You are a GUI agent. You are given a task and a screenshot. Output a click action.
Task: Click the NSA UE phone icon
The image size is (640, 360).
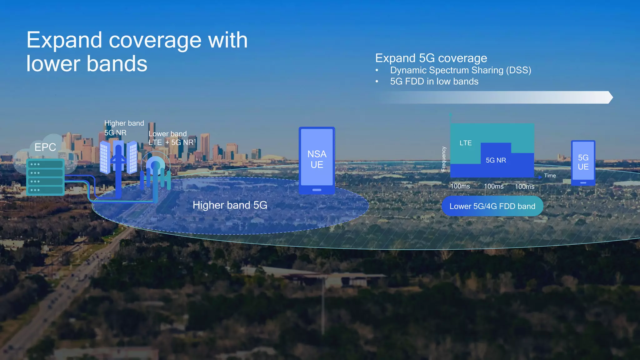(x=317, y=160)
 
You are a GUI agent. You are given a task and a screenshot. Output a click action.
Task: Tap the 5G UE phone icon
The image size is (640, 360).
(x=583, y=162)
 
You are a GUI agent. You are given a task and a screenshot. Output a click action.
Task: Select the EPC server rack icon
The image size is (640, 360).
(x=45, y=177)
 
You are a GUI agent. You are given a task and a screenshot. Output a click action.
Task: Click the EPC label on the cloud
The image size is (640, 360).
(x=45, y=147)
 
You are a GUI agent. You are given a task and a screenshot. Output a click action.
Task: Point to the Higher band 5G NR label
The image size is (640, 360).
(x=124, y=128)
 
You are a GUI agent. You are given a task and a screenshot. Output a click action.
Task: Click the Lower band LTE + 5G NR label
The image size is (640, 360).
(x=172, y=138)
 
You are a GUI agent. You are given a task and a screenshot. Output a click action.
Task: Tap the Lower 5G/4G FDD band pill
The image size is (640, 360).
(x=492, y=206)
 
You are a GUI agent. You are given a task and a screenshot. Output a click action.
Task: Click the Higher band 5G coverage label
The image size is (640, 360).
(x=230, y=205)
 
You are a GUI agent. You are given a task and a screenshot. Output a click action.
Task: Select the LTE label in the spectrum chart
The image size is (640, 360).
(x=465, y=143)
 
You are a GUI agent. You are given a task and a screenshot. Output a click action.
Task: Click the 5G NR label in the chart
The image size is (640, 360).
(x=496, y=160)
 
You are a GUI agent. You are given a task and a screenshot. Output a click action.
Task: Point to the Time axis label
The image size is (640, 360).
(x=550, y=176)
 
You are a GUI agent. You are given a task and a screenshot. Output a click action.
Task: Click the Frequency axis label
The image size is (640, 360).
(x=443, y=159)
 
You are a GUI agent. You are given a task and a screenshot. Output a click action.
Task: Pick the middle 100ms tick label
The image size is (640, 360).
(x=494, y=187)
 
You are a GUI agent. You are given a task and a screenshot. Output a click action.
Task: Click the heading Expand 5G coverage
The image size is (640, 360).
(x=431, y=58)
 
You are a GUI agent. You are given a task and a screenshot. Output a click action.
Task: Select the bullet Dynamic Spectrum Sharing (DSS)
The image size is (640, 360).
(x=460, y=70)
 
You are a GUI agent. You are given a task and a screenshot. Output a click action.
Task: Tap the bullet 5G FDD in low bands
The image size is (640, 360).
(x=434, y=82)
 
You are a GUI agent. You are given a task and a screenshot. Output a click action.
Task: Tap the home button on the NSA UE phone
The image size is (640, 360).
(x=317, y=190)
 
